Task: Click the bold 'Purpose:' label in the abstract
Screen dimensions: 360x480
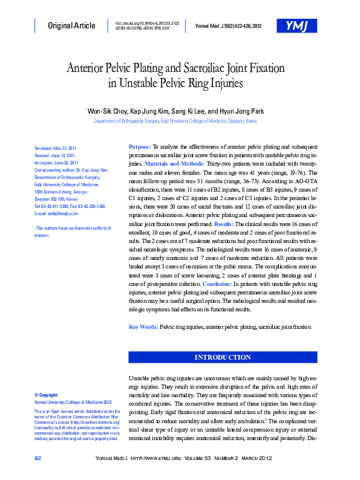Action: click(x=140, y=147)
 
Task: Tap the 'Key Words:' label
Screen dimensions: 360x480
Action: click(x=143, y=327)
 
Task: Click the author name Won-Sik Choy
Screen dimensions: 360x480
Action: click(x=109, y=111)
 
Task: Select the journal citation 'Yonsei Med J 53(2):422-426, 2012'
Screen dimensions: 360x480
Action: click(x=228, y=25)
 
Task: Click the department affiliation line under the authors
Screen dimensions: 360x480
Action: click(x=175, y=121)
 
